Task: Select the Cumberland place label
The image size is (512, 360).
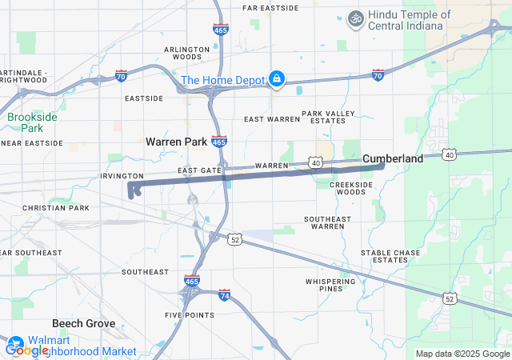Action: pos(393,159)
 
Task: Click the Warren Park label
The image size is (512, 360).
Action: pos(176,142)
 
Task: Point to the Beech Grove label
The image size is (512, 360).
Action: pos(84,324)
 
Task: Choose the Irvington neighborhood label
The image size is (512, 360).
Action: pos(122,176)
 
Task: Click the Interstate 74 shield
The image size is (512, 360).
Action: pos(225,295)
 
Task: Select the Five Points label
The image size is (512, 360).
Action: pos(190,315)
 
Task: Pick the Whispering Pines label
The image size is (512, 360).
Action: pos(330,286)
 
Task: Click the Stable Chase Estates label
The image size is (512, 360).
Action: pos(390,256)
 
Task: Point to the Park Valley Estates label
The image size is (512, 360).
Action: pos(327,117)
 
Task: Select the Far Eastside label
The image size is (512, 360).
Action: pos(270,8)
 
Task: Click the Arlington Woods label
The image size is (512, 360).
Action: pos(182,53)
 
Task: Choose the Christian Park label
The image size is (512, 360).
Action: pos(56,208)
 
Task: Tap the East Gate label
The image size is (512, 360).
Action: pos(199,170)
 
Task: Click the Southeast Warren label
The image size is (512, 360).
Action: pos(327,222)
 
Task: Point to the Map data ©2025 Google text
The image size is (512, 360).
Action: pos(462,354)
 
